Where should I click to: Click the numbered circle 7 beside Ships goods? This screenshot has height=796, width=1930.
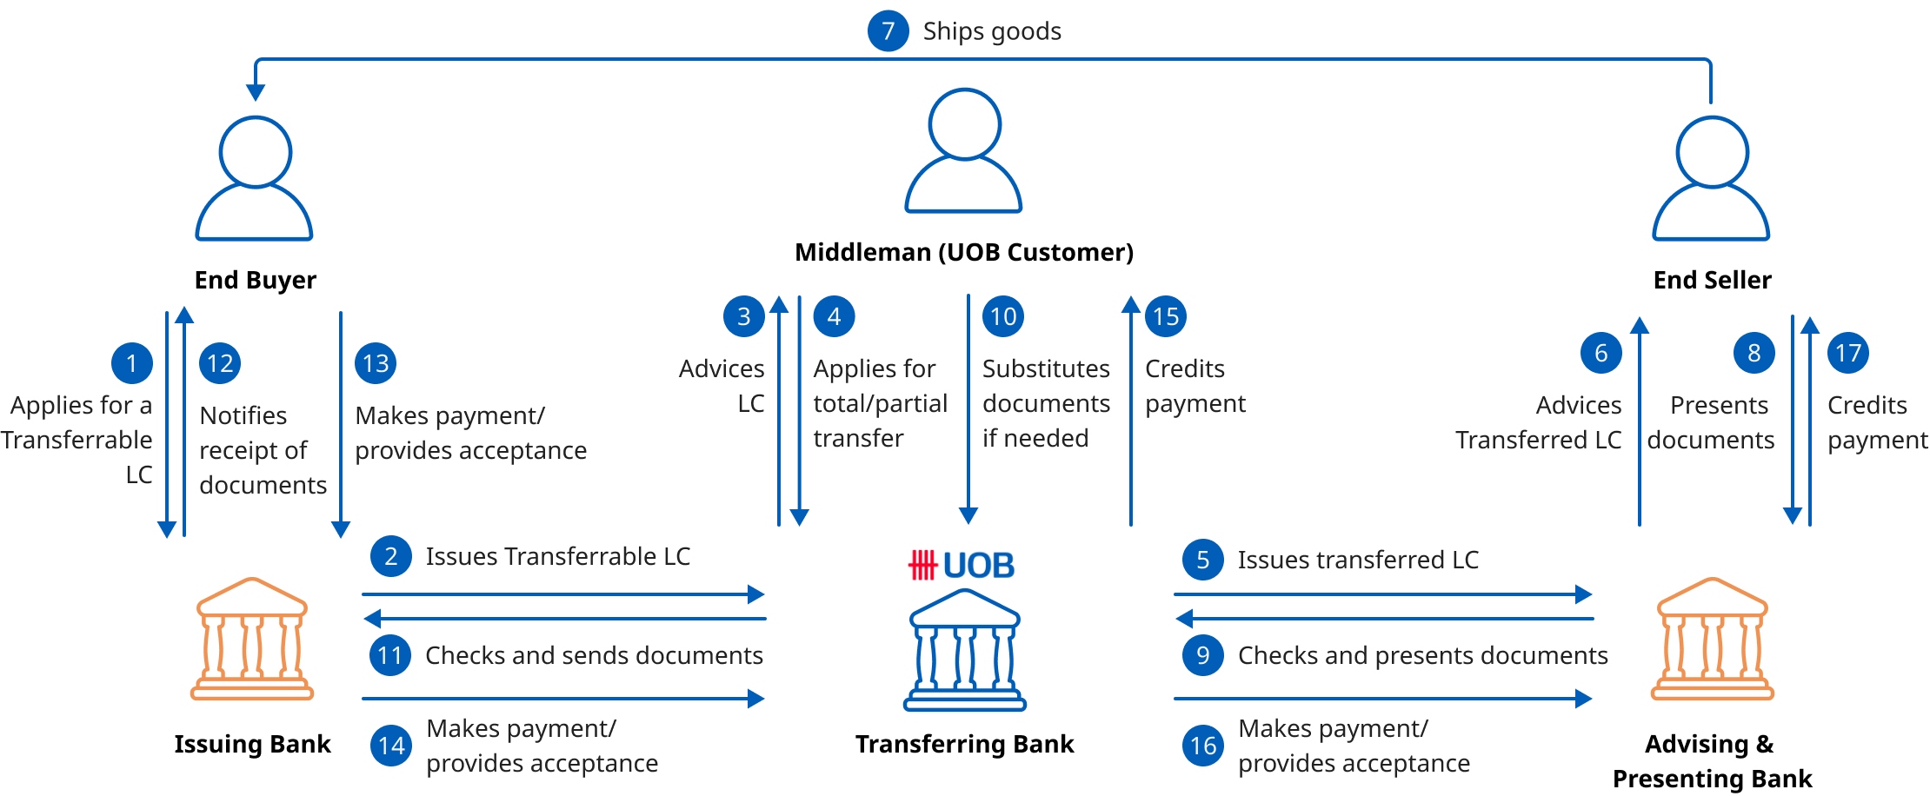pos(888,31)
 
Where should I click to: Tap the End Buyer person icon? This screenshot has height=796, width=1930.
pos(254,178)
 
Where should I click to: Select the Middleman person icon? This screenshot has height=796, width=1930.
pos(963,150)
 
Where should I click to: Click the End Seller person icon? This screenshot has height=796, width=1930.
pos(1711,178)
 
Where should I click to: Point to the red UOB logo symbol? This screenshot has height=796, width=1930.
pos(922,566)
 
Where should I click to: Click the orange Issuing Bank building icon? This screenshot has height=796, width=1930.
pos(252,639)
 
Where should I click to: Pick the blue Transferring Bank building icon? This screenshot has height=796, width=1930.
pos(964,649)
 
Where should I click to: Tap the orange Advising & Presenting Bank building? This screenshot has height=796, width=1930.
pos(1712,639)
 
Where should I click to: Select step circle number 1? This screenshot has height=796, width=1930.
pos(132,363)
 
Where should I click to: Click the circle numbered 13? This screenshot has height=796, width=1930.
pos(376,363)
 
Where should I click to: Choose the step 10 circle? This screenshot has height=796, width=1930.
pos(1003,316)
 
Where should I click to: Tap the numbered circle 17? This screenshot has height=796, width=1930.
pos(1847,353)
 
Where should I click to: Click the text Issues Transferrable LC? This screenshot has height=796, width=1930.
pos(557,556)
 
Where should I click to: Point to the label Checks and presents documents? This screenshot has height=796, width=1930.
pos(1422,655)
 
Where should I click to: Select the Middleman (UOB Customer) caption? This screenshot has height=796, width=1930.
pos(964,252)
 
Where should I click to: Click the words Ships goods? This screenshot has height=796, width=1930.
pos(992,31)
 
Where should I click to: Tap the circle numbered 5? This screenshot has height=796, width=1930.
pos(1203,560)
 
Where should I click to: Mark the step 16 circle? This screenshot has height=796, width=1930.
pos(1203,746)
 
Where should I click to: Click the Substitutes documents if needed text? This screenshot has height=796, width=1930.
pos(1046,403)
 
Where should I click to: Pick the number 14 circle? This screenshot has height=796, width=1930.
pos(391,746)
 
